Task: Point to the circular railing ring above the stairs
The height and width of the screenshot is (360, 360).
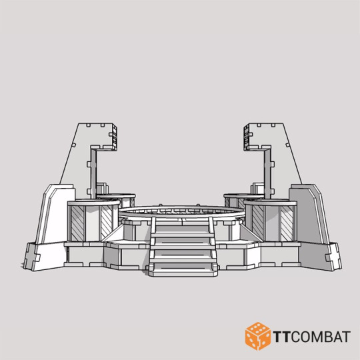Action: coord(180,212)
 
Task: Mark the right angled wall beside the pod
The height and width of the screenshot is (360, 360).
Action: coord(307,213)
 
